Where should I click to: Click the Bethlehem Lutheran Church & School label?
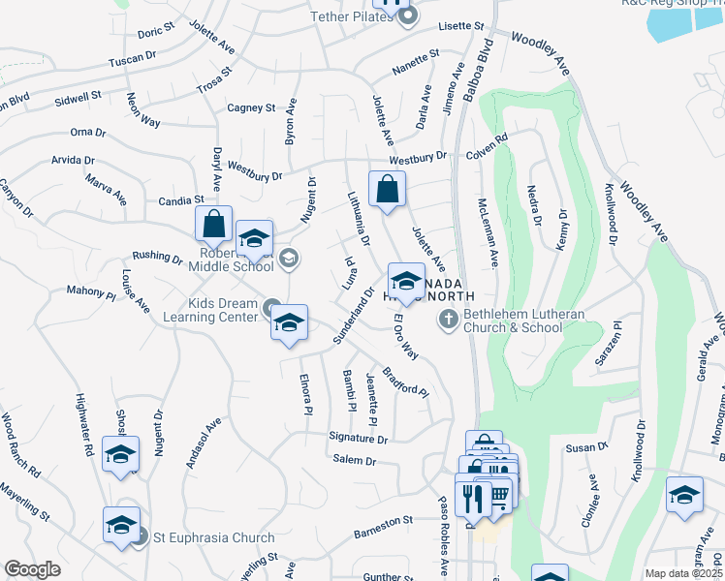click(x=513, y=321)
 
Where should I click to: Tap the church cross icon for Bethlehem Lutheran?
click(x=448, y=318)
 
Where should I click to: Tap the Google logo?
click(x=32, y=569)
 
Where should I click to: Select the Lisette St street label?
click(x=460, y=25)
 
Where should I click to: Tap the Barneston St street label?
click(x=384, y=522)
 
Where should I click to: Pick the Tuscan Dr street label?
click(x=134, y=58)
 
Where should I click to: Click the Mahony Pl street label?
click(x=90, y=290)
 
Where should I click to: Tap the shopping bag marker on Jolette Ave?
click(x=387, y=190)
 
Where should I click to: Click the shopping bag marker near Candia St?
click(x=213, y=224)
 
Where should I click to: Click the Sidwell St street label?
click(x=79, y=98)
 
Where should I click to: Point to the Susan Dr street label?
click(x=606, y=447)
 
